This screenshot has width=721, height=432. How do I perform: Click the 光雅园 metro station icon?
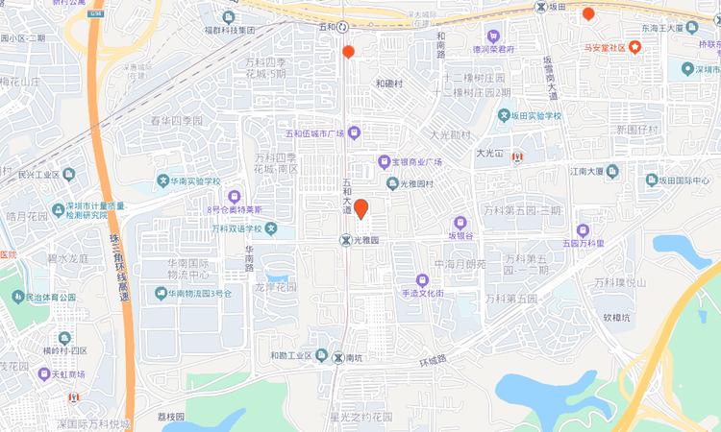[345, 239]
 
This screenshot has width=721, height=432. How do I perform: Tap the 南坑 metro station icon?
[337, 357]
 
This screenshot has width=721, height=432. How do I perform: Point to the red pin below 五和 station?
[348, 52]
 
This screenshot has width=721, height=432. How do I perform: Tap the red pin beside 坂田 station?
[588, 13]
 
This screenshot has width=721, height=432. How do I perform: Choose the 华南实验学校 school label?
[196, 181]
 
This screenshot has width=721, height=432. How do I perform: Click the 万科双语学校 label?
[236, 229]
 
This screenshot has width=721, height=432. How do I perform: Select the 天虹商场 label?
[67, 373]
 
